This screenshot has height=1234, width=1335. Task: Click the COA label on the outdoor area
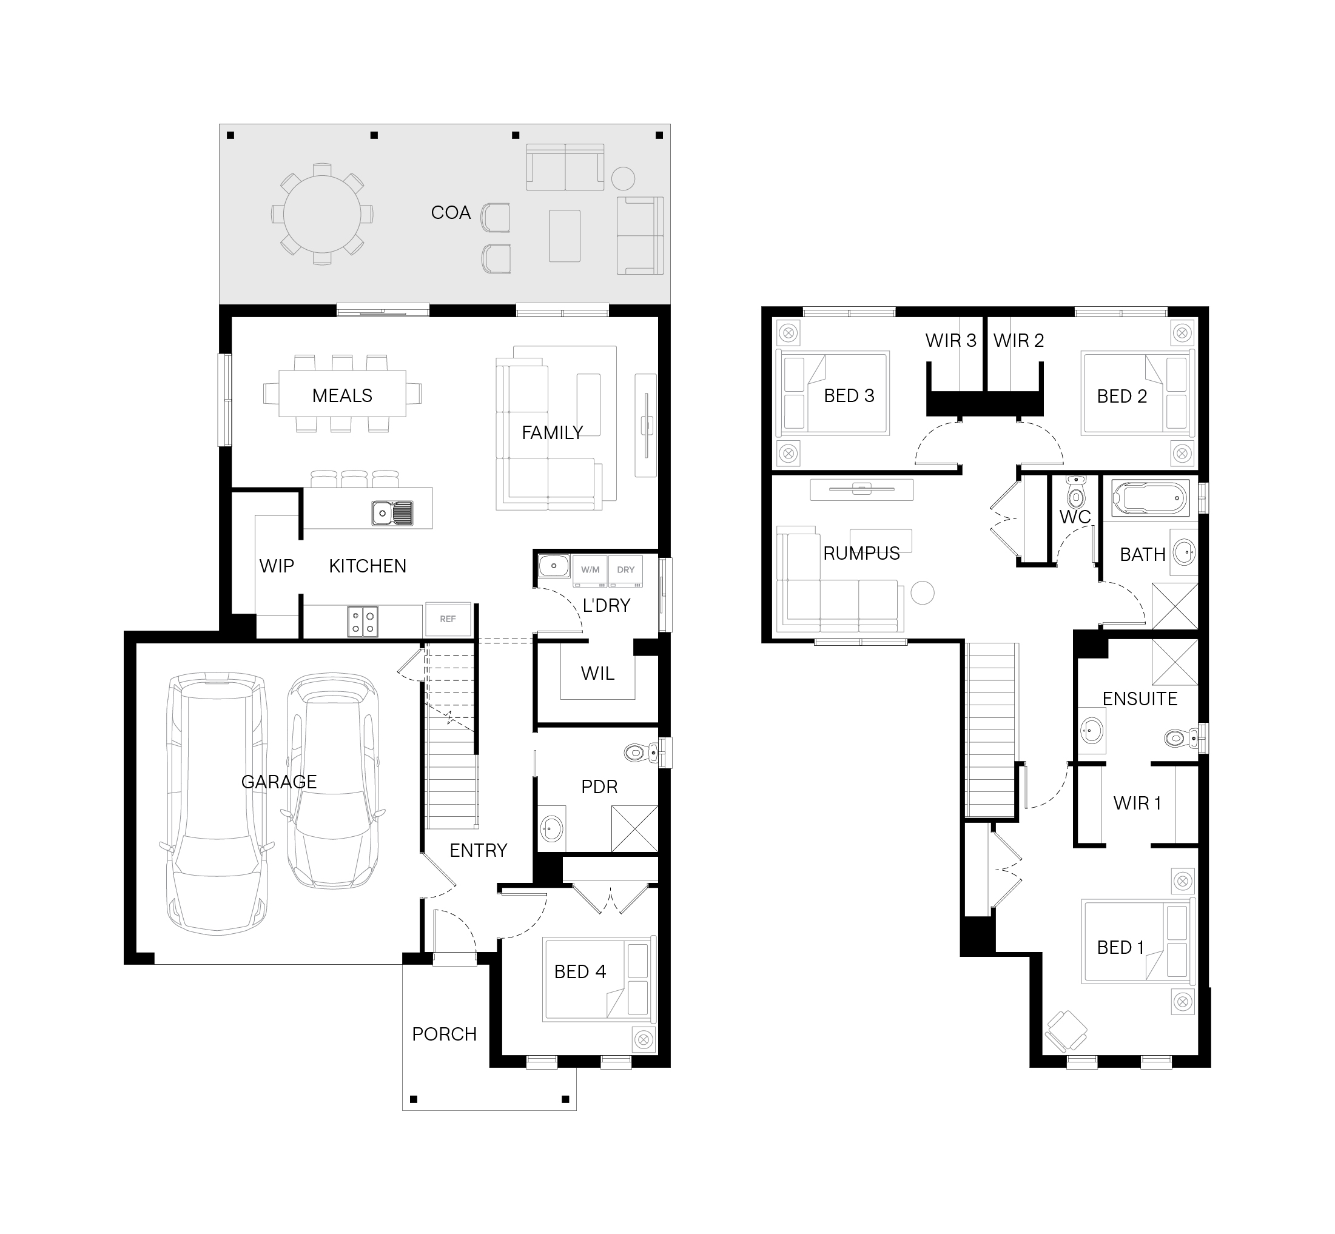(451, 213)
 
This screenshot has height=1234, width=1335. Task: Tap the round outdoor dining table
(322, 214)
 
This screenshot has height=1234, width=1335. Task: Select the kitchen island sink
(392, 513)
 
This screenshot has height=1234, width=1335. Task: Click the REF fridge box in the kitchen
(448, 619)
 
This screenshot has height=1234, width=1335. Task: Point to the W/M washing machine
(590, 571)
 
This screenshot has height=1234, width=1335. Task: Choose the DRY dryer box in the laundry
(626, 571)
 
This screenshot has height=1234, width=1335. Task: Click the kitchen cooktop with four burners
(363, 622)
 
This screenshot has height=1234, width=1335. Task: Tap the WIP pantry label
(277, 566)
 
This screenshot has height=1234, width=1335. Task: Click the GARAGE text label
(279, 782)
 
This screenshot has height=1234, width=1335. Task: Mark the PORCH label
(445, 1034)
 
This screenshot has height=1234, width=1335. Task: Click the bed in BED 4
(599, 979)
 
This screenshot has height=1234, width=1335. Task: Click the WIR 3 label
(951, 341)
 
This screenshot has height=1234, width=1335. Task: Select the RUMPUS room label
(861, 554)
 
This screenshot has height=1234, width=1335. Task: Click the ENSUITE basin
(1091, 731)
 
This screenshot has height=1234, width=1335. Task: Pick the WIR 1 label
(1137, 803)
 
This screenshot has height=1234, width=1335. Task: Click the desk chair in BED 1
(1066, 1031)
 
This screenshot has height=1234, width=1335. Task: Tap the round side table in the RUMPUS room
(923, 593)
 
